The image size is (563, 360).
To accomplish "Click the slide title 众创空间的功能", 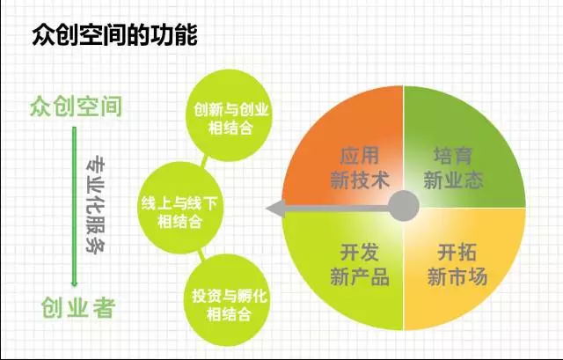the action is [x=114, y=35].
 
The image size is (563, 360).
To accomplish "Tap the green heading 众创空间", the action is [x=76, y=107].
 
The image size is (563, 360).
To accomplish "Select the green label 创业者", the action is [x=78, y=307].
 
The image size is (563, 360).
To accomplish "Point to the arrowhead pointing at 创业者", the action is [x=74, y=283].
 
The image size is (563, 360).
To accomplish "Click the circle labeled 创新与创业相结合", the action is [x=230, y=115].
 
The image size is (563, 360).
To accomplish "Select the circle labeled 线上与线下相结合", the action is [x=180, y=208].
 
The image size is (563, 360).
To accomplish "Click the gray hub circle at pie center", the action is [x=404, y=206].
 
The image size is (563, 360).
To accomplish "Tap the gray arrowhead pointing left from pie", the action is [x=275, y=209].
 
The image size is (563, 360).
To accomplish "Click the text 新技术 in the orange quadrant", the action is [x=360, y=180].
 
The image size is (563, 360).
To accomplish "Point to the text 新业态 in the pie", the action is [x=453, y=180].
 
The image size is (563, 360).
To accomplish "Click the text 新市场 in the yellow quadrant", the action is [x=457, y=276].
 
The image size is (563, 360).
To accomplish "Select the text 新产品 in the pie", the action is [x=360, y=276].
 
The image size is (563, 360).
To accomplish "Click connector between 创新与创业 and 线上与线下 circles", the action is [x=205, y=161].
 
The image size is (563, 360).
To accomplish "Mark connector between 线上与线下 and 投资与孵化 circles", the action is [x=201, y=254].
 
